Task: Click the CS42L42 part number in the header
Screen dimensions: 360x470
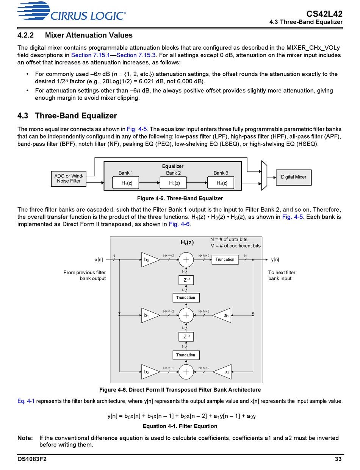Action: point(324,14)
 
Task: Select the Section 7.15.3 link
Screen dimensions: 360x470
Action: point(136,55)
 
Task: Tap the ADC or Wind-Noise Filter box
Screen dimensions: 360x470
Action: point(69,179)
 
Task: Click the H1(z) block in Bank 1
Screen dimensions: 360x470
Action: point(126,183)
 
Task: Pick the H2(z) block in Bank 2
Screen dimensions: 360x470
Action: point(173,183)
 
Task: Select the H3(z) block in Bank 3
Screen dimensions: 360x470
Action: point(221,183)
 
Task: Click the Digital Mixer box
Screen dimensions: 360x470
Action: point(294,177)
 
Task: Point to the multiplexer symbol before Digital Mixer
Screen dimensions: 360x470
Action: point(264,175)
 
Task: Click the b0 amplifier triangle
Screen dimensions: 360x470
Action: point(150,259)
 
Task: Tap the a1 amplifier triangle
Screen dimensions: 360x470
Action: point(222,315)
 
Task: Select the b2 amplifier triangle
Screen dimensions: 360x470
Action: point(150,372)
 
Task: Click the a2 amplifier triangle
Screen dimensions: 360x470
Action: point(222,372)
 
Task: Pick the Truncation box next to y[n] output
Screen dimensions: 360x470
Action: point(225,259)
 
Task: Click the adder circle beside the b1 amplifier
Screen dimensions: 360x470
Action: point(186,315)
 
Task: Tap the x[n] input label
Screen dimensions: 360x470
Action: point(99,259)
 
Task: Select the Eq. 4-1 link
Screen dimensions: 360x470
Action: point(26,401)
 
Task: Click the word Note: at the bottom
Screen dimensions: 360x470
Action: point(25,438)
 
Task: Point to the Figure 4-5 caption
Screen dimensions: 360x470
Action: point(180,198)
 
